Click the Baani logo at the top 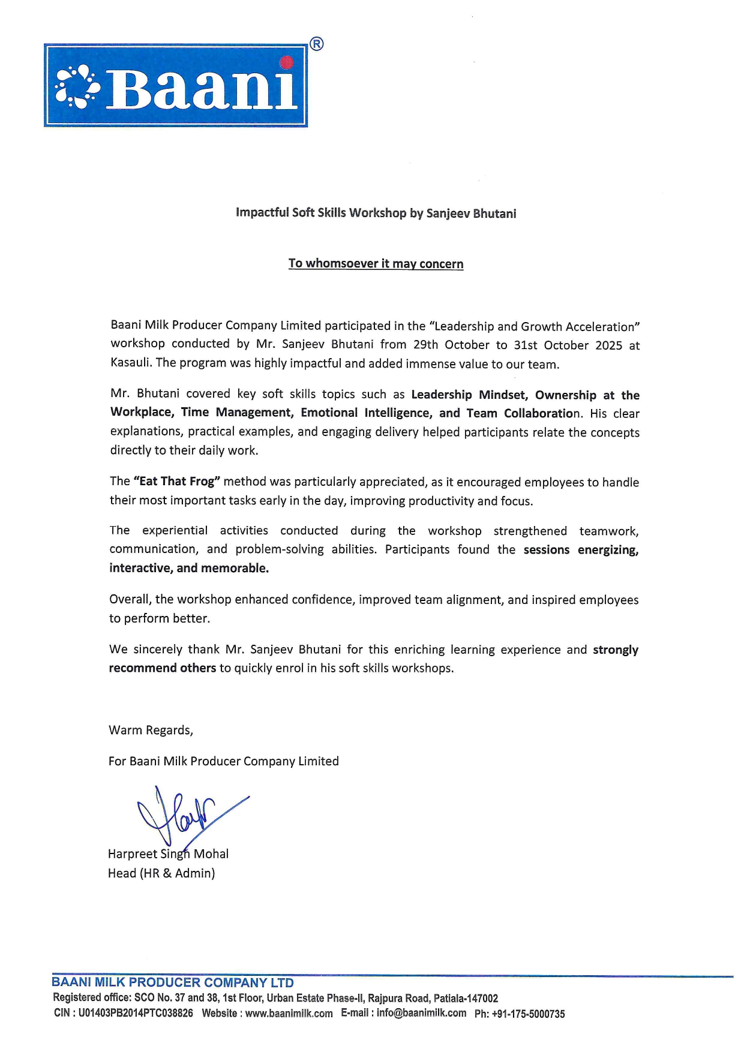[x=176, y=85]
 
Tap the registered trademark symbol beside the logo [x=317, y=44]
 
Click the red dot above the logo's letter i [x=287, y=62]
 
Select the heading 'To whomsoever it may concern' [x=376, y=264]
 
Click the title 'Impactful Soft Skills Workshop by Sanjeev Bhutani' [x=376, y=213]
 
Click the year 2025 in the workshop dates [x=608, y=345]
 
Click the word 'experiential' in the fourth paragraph [x=175, y=530]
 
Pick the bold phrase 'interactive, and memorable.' [x=189, y=568]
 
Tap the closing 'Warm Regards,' [x=151, y=730]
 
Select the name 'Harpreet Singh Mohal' [x=168, y=853]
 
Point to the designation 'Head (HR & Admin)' [x=161, y=873]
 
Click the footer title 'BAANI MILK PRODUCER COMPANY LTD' [x=173, y=982]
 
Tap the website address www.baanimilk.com [x=289, y=1014]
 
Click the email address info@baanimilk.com [x=421, y=1013]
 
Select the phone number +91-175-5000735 [x=528, y=1014]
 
